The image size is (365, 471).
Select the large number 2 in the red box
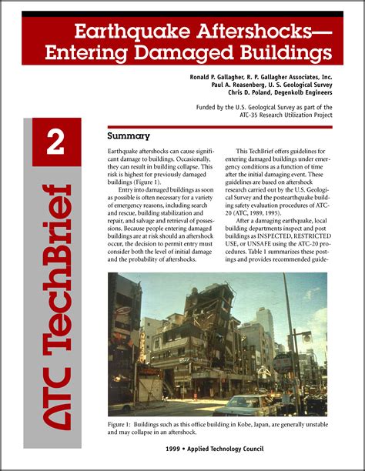pos(55,143)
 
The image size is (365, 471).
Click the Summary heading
pos(128,136)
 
